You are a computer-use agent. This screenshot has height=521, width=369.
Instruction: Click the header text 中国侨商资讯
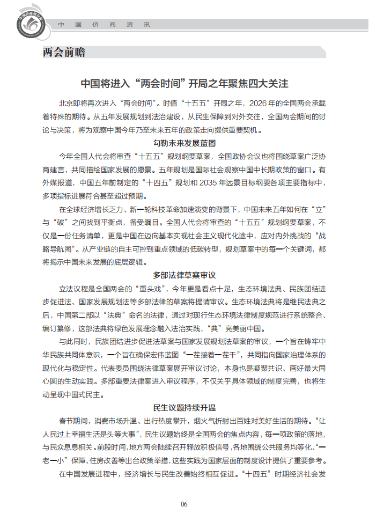[x=104, y=25]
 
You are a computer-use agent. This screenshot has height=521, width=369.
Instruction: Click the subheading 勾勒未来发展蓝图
[x=184, y=143]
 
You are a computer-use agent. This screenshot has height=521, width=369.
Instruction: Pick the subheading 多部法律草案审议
[x=184, y=275]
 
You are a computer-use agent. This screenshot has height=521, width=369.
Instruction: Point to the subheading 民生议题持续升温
[x=184, y=407]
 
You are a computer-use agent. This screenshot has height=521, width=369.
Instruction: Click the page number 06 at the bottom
[x=184, y=504]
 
